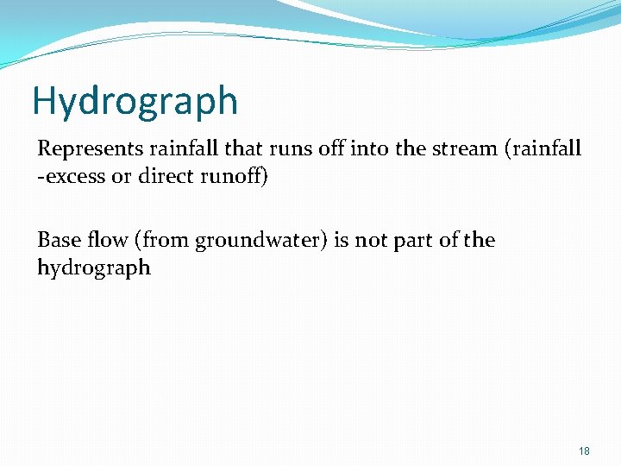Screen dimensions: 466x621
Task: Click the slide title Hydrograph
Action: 135,102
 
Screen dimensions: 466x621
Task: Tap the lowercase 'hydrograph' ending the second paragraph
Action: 94,268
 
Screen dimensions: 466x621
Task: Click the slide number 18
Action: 584,450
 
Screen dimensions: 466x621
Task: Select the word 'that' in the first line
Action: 242,148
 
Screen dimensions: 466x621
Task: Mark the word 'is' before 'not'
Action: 341,240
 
